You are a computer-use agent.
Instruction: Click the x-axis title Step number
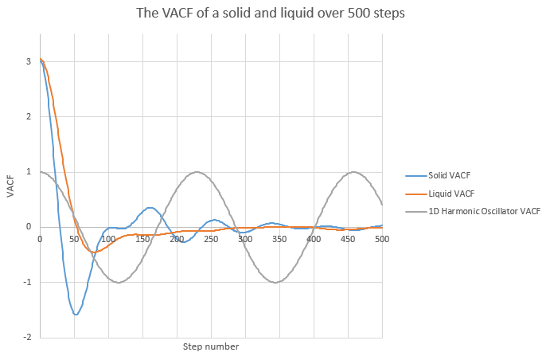point(211,346)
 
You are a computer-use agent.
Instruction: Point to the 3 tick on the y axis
point(29,61)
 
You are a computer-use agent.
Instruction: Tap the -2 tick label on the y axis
point(27,337)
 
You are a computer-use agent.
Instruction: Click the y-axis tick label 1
point(29,172)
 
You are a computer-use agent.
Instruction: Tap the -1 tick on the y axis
point(27,282)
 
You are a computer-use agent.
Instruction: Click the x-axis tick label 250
point(211,238)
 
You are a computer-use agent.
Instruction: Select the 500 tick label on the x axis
point(382,238)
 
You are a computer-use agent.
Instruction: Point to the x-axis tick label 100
point(108,238)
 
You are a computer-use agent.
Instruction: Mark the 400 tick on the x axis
point(314,238)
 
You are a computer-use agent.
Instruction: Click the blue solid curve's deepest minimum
point(76,315)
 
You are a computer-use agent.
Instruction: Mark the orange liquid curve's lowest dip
point(94,252)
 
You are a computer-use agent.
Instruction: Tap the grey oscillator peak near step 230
point(197,172)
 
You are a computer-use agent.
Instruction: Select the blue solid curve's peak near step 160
point(149,208)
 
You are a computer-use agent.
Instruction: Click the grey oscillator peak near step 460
point(354,172)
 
